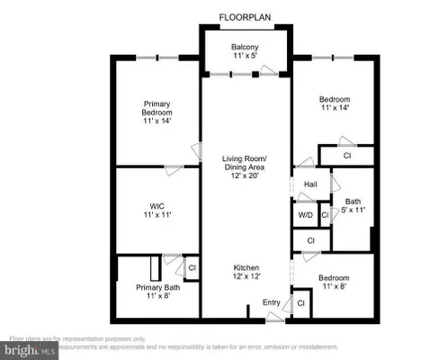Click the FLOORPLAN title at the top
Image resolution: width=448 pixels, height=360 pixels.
(246, 15)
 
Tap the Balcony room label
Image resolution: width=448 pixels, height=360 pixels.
(246, 47)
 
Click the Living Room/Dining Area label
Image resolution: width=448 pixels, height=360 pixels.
(246, 166)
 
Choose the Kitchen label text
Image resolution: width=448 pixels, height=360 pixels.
(246, 269)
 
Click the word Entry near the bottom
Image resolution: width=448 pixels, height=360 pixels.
(270, 302)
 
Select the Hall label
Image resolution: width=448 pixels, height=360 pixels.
(310, 185)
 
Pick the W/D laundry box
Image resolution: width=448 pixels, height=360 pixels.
(305, 215)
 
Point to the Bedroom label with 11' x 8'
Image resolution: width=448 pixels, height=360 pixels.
(334, 283)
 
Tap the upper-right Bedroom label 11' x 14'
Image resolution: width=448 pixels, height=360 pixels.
(335, 103)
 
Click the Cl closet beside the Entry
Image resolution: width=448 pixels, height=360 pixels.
(300, 304)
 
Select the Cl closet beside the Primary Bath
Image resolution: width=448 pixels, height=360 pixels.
(191, 266)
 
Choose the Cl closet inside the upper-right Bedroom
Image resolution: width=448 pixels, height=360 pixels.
(346, 156)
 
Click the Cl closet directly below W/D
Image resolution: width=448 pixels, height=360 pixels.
(310, 240)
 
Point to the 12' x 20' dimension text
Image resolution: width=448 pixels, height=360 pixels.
(246, 176)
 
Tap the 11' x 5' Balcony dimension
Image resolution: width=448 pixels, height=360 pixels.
(246, 57)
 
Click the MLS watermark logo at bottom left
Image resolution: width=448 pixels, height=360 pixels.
(27, 347)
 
